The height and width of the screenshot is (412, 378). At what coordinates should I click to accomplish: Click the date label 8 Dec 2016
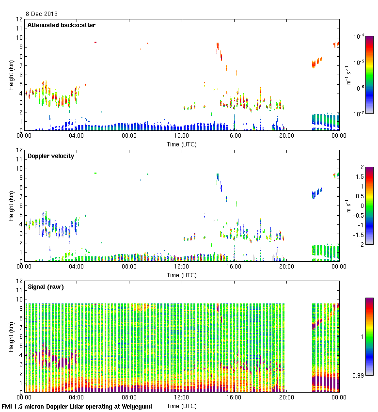click(41, 14)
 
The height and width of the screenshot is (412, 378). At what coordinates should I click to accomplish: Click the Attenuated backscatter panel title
click(61, 25)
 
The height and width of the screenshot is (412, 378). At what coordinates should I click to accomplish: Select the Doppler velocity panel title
click(51, 156)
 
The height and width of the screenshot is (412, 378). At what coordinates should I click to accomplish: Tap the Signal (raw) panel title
click(46, 287)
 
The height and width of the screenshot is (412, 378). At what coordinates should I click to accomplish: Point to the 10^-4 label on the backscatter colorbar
click(359, 36)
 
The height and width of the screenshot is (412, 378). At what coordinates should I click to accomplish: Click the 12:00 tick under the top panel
click(182, 136)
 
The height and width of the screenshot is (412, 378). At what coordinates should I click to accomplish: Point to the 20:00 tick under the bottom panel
click(286, 398)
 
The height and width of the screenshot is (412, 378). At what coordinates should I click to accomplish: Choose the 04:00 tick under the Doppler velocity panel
click(77, 267)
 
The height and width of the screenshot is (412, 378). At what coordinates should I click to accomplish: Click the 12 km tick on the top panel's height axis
click(19, 19)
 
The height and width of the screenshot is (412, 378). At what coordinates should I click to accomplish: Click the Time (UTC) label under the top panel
click(182, 144)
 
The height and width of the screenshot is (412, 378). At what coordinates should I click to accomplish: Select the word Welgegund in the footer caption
click(134, 407)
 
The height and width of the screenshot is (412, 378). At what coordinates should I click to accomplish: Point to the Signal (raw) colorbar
click(369, 336)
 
